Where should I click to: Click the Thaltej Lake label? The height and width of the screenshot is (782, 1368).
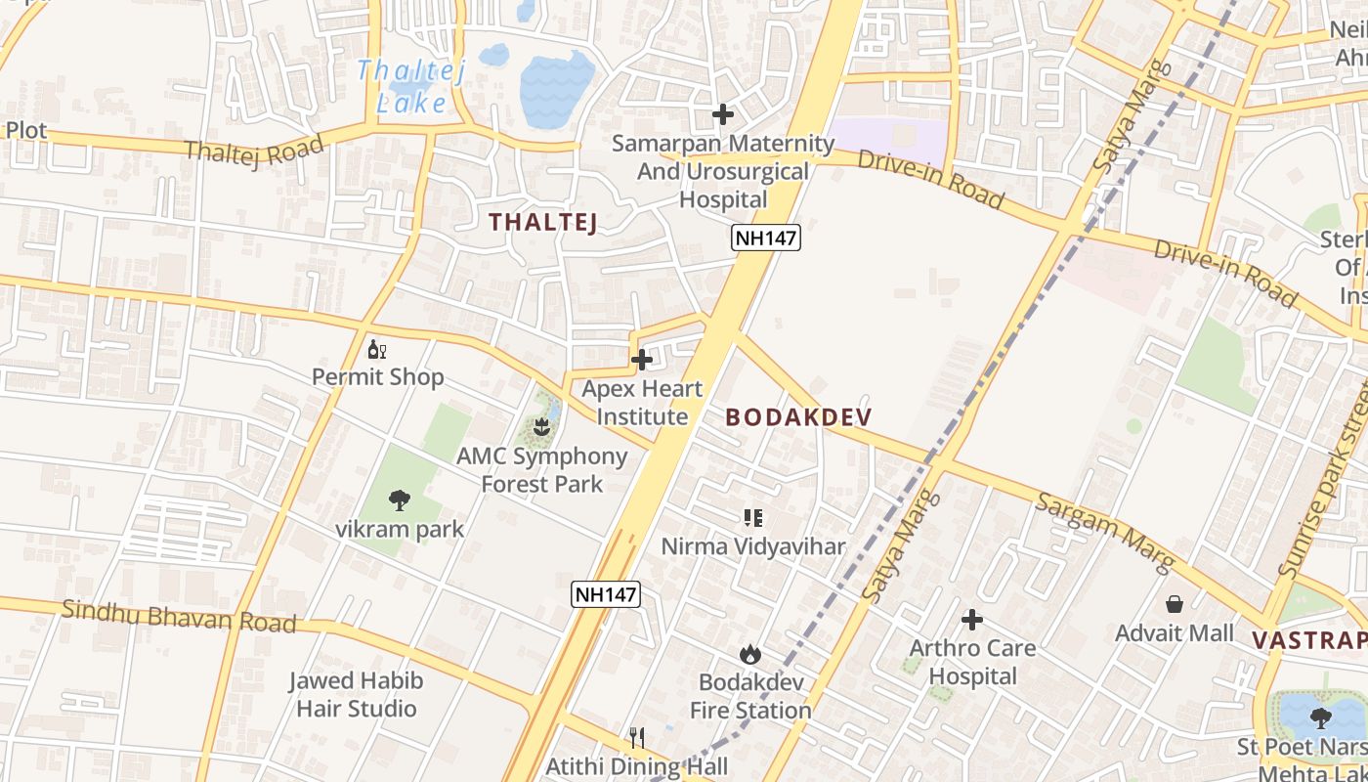pyautogui.click(x=411, y=86)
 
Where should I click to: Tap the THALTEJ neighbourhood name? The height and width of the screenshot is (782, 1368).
pyautogui.click(x=542, y=222)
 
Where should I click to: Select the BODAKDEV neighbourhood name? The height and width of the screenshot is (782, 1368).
pyautogui.click(x=798, y=417)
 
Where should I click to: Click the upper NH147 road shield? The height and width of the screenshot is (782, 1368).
pyautogui.click(x=767, y=238)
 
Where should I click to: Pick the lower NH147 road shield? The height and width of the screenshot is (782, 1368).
pyautogui.click(x=606, y=593)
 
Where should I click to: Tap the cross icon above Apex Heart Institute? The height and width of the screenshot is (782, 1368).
pyautogui.click(x=642, y=360)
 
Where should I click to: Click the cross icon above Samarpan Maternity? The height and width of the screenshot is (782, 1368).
pyautogui.click(x=723, y=114)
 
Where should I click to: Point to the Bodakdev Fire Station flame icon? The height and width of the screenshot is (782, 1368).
pyautogui.click(x=750, y=654)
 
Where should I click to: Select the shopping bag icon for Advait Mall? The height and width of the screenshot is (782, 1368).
pyautogui.click(x=1175, y=604)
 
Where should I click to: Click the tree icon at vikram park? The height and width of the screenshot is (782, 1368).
pyautogui.click(x=400, y=500)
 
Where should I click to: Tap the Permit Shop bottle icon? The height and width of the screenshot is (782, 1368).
pyautogui.click(x=376, y=349)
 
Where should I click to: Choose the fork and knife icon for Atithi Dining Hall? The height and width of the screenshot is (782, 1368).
pyautogui.click(x=637, y=737)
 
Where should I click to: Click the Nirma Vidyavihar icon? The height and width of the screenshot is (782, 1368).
pyautogui.click(x=752, y=517)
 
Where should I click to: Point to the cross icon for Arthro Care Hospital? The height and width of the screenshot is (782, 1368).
pyautogui.click(x=972, y=619)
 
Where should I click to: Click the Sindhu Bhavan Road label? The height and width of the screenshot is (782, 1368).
pyautogui.click(x=179, y=616)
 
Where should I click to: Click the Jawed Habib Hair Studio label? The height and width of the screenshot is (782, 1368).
pyautogui.click(x=356, y=694)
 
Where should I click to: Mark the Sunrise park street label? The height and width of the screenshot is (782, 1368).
pyautogui.click(x=1326, y=489)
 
